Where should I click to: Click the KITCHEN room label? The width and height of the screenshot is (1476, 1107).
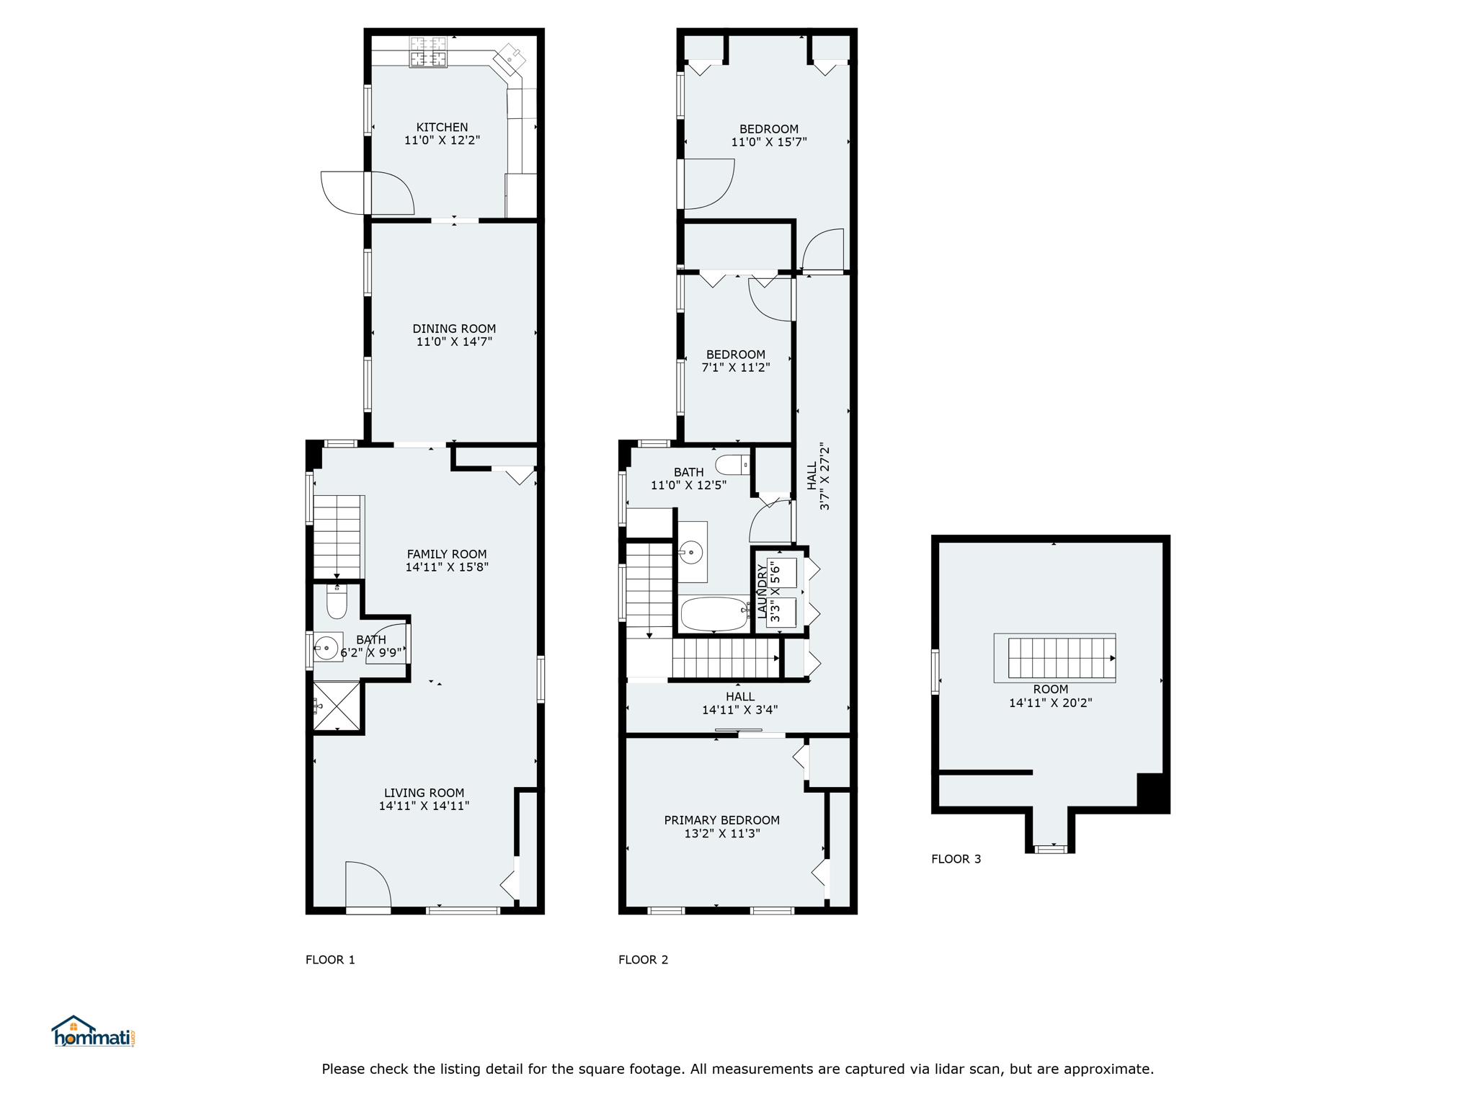tap(442, 127)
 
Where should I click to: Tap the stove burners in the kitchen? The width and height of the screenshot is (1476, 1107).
tap(428, 52)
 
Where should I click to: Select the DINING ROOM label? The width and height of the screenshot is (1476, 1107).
tap(454, 329)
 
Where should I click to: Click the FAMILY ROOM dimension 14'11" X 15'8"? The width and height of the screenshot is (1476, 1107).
tap(447, 567)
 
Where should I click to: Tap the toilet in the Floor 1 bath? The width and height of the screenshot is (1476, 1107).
tap(337, 601)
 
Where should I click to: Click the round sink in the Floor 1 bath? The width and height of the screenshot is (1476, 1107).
tap(327, 647)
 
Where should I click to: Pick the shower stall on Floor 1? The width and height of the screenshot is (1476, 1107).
tap(337, 706)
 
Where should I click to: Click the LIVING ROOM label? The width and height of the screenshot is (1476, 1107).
tap(424, 793)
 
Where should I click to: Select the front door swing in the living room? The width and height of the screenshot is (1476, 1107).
tap(368, 885)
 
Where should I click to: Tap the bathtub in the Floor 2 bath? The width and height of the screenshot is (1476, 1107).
tap(715, 614)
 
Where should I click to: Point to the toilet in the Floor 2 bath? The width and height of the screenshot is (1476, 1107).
tap(733, 465)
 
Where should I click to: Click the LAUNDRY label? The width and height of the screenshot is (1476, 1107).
tap(763, 591)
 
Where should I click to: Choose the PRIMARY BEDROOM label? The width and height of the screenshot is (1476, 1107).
tap(721, 820)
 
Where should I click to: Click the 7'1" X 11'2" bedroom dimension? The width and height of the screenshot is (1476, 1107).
tap(736, 368)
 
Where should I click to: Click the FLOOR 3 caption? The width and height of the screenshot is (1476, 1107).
tap(956, 859)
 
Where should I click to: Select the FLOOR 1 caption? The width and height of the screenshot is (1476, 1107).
tap(330, 960)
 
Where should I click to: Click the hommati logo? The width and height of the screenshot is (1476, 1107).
tap(93, 1031)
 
